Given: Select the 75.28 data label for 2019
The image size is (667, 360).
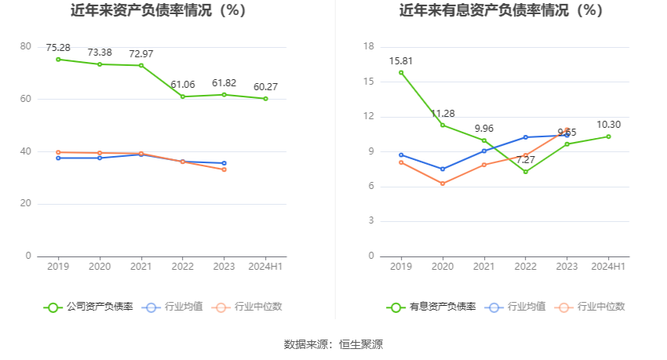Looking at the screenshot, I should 58,47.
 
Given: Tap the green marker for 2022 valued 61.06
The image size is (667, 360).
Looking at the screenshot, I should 183,96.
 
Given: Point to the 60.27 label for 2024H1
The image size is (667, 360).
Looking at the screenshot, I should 265,86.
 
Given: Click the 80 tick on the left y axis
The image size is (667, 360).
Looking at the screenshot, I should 26,47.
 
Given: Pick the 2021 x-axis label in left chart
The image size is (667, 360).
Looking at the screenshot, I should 141,267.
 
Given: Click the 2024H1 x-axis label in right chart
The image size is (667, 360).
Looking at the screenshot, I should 608,267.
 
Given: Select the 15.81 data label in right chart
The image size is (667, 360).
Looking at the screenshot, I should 401,60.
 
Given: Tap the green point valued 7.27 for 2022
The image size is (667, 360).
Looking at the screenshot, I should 526,171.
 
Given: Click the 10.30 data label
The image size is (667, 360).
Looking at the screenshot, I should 608,124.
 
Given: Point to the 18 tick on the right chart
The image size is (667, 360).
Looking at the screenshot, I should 370,47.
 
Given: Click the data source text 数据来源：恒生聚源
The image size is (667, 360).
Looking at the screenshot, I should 333,344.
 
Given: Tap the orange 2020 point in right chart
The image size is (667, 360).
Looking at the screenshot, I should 443,184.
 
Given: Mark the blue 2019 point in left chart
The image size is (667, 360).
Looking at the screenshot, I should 58,158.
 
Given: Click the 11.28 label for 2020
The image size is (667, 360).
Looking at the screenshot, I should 443,113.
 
